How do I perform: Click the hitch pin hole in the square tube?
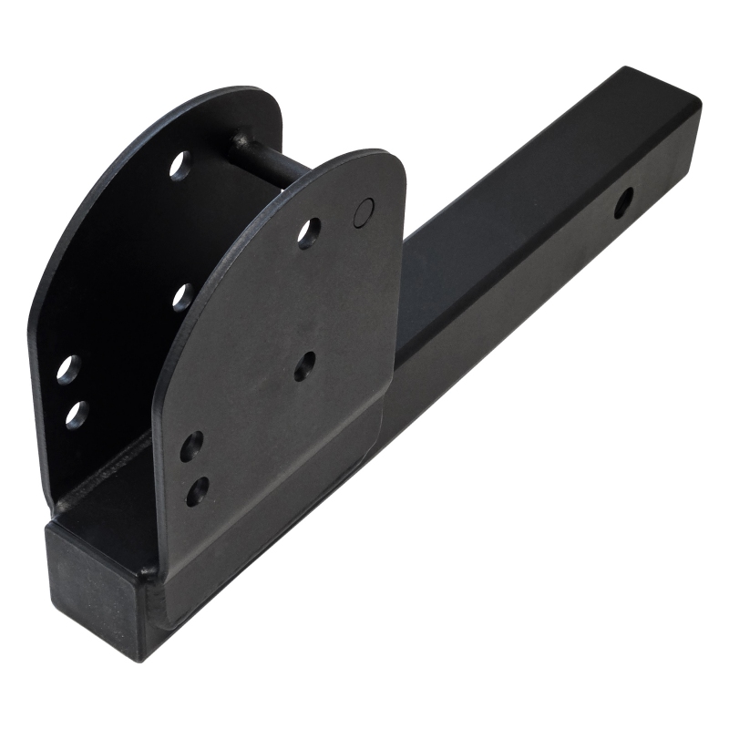tap(624, 201)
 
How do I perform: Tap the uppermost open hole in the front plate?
tap(308, 233)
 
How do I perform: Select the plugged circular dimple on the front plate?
tap(363, 211)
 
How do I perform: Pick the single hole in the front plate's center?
tap(304, 366)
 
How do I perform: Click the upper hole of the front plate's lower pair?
tap(191, 446)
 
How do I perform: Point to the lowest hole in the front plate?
tap(197, 491)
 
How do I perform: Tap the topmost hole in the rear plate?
tap(180, 165)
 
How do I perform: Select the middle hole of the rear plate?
tap(183, 296)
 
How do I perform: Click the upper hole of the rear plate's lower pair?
tap(68, 369)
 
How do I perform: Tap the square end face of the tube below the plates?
tap(92, 583)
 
